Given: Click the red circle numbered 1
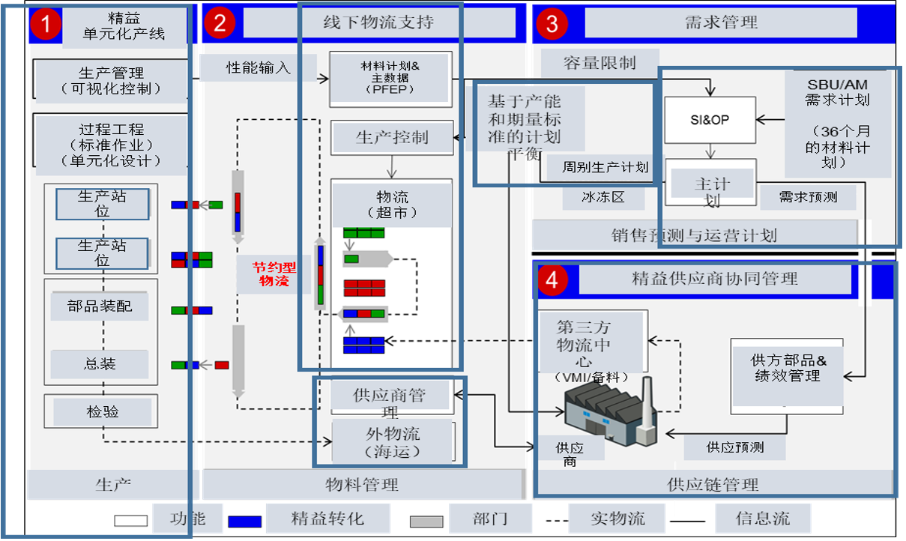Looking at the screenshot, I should pos(46,25).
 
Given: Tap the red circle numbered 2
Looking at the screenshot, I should pos(220,23).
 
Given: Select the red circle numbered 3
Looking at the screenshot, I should pos(552,24).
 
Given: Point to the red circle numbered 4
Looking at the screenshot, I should pos(552,280).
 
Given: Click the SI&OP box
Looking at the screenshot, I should pos(709,119).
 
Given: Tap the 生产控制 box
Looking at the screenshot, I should pos(392,137).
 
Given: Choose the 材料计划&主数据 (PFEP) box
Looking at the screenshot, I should pos(390,79).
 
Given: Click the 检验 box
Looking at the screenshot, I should pos(102,411).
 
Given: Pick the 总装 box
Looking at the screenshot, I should pos(100,365).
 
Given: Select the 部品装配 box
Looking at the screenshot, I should pos(100,306).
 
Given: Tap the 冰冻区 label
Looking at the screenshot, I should pos(603,198).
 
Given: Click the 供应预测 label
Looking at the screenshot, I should pos(734,447).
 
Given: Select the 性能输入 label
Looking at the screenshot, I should pos(259,67).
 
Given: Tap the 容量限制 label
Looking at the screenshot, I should pos(599,63).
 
